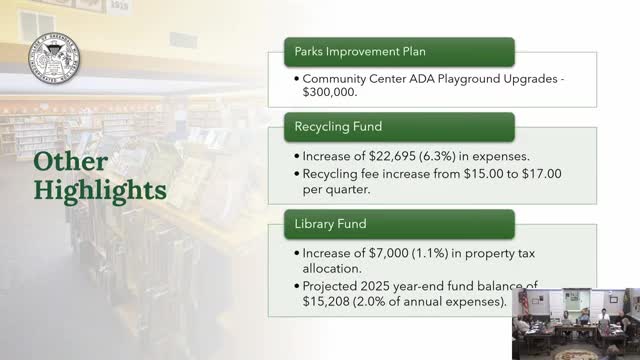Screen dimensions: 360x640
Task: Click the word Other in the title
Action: pyautogui.click(x=68, y=162)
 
